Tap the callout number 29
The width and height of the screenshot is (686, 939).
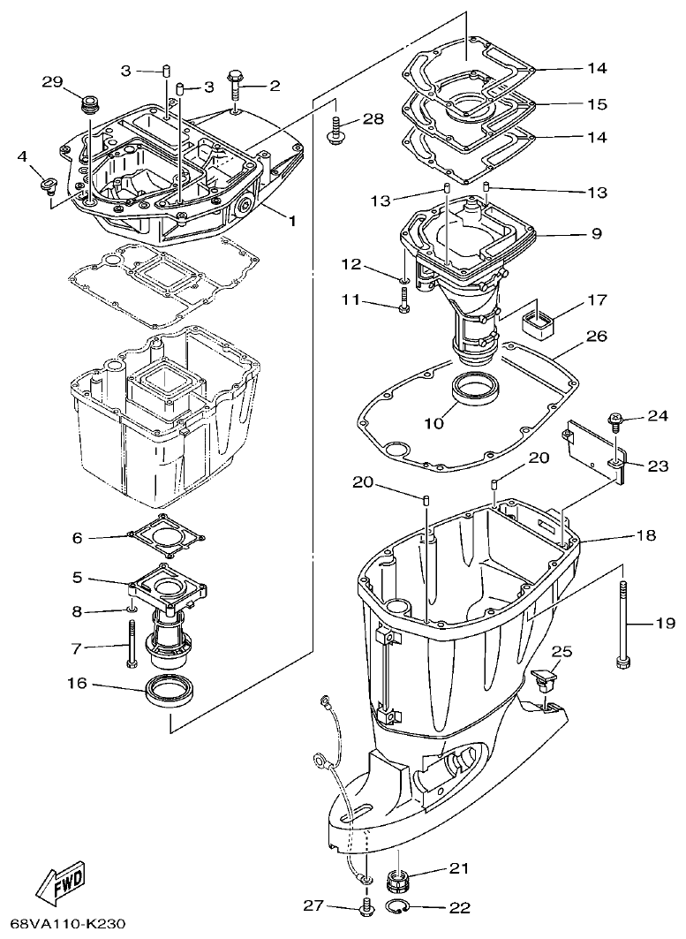pos(53,83)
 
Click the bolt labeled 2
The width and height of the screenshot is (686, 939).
pos(237,84)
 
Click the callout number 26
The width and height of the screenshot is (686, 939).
pos(597,336)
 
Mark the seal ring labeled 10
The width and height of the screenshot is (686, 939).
pos(474,390)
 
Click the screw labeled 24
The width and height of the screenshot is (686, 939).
pos(615,421)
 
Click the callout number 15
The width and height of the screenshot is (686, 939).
pos(597,104)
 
